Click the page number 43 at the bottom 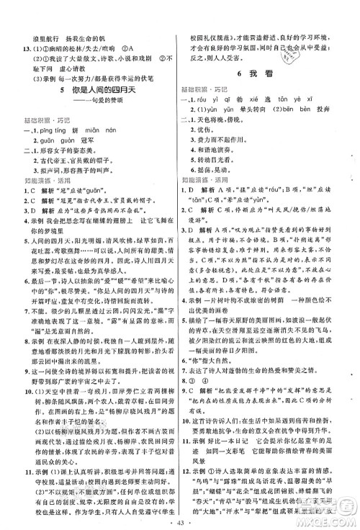pyautogui.click(x=179, y=520)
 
